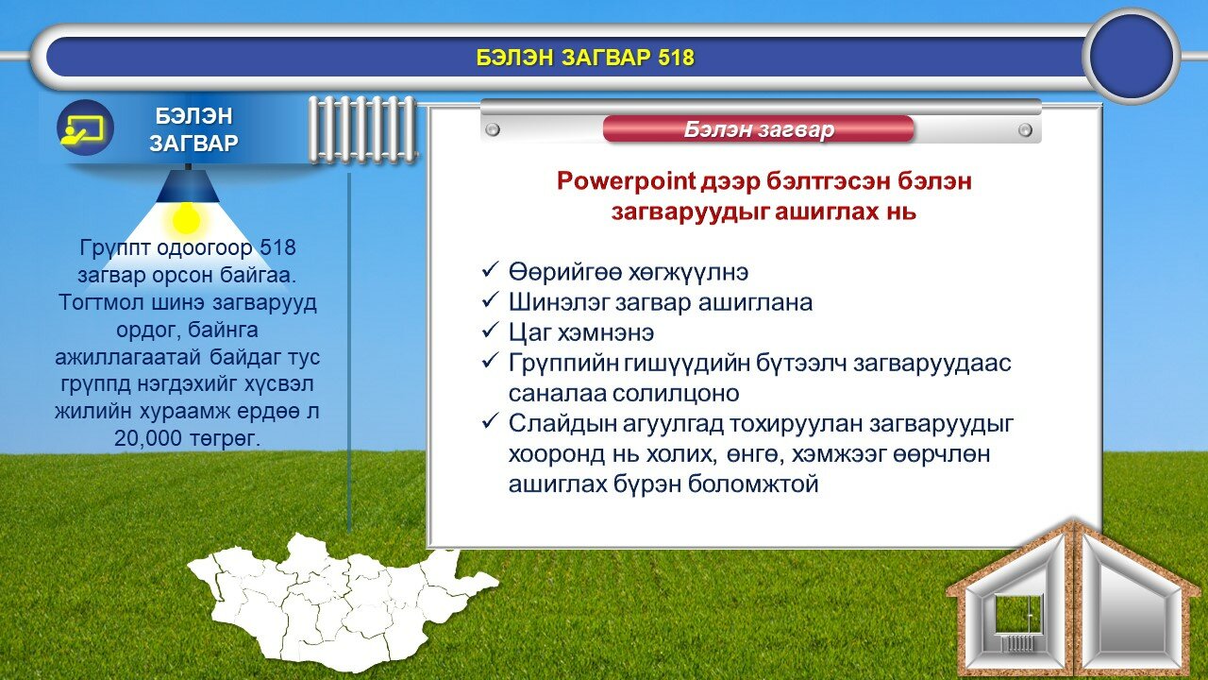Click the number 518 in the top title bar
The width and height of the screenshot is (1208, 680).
click(676, 58)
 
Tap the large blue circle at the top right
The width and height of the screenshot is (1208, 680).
click(1132, 56)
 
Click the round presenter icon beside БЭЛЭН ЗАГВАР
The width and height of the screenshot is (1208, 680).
click(85, 127)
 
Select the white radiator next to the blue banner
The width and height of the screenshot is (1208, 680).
click(362, 129)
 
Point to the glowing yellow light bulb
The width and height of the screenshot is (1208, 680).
click(187, 219)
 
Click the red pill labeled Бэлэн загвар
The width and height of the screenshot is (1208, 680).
click(758, 129)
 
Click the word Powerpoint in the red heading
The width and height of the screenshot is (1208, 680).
click(626, 180)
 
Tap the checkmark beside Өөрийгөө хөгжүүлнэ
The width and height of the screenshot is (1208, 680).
click(489, 270)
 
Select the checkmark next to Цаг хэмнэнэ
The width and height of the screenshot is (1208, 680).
click(489, 331)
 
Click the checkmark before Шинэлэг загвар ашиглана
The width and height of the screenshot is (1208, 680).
click(489, 300)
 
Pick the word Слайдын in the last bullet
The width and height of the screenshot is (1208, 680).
click(562, 425)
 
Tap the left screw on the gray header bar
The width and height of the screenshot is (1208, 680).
click(493, 129)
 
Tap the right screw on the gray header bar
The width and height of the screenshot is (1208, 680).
click(1025, 129)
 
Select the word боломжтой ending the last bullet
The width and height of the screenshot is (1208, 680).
click(753, 484)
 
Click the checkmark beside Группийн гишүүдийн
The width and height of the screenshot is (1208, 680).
click(489, 361)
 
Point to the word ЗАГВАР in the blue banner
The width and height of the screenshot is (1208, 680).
click(193, 143)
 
